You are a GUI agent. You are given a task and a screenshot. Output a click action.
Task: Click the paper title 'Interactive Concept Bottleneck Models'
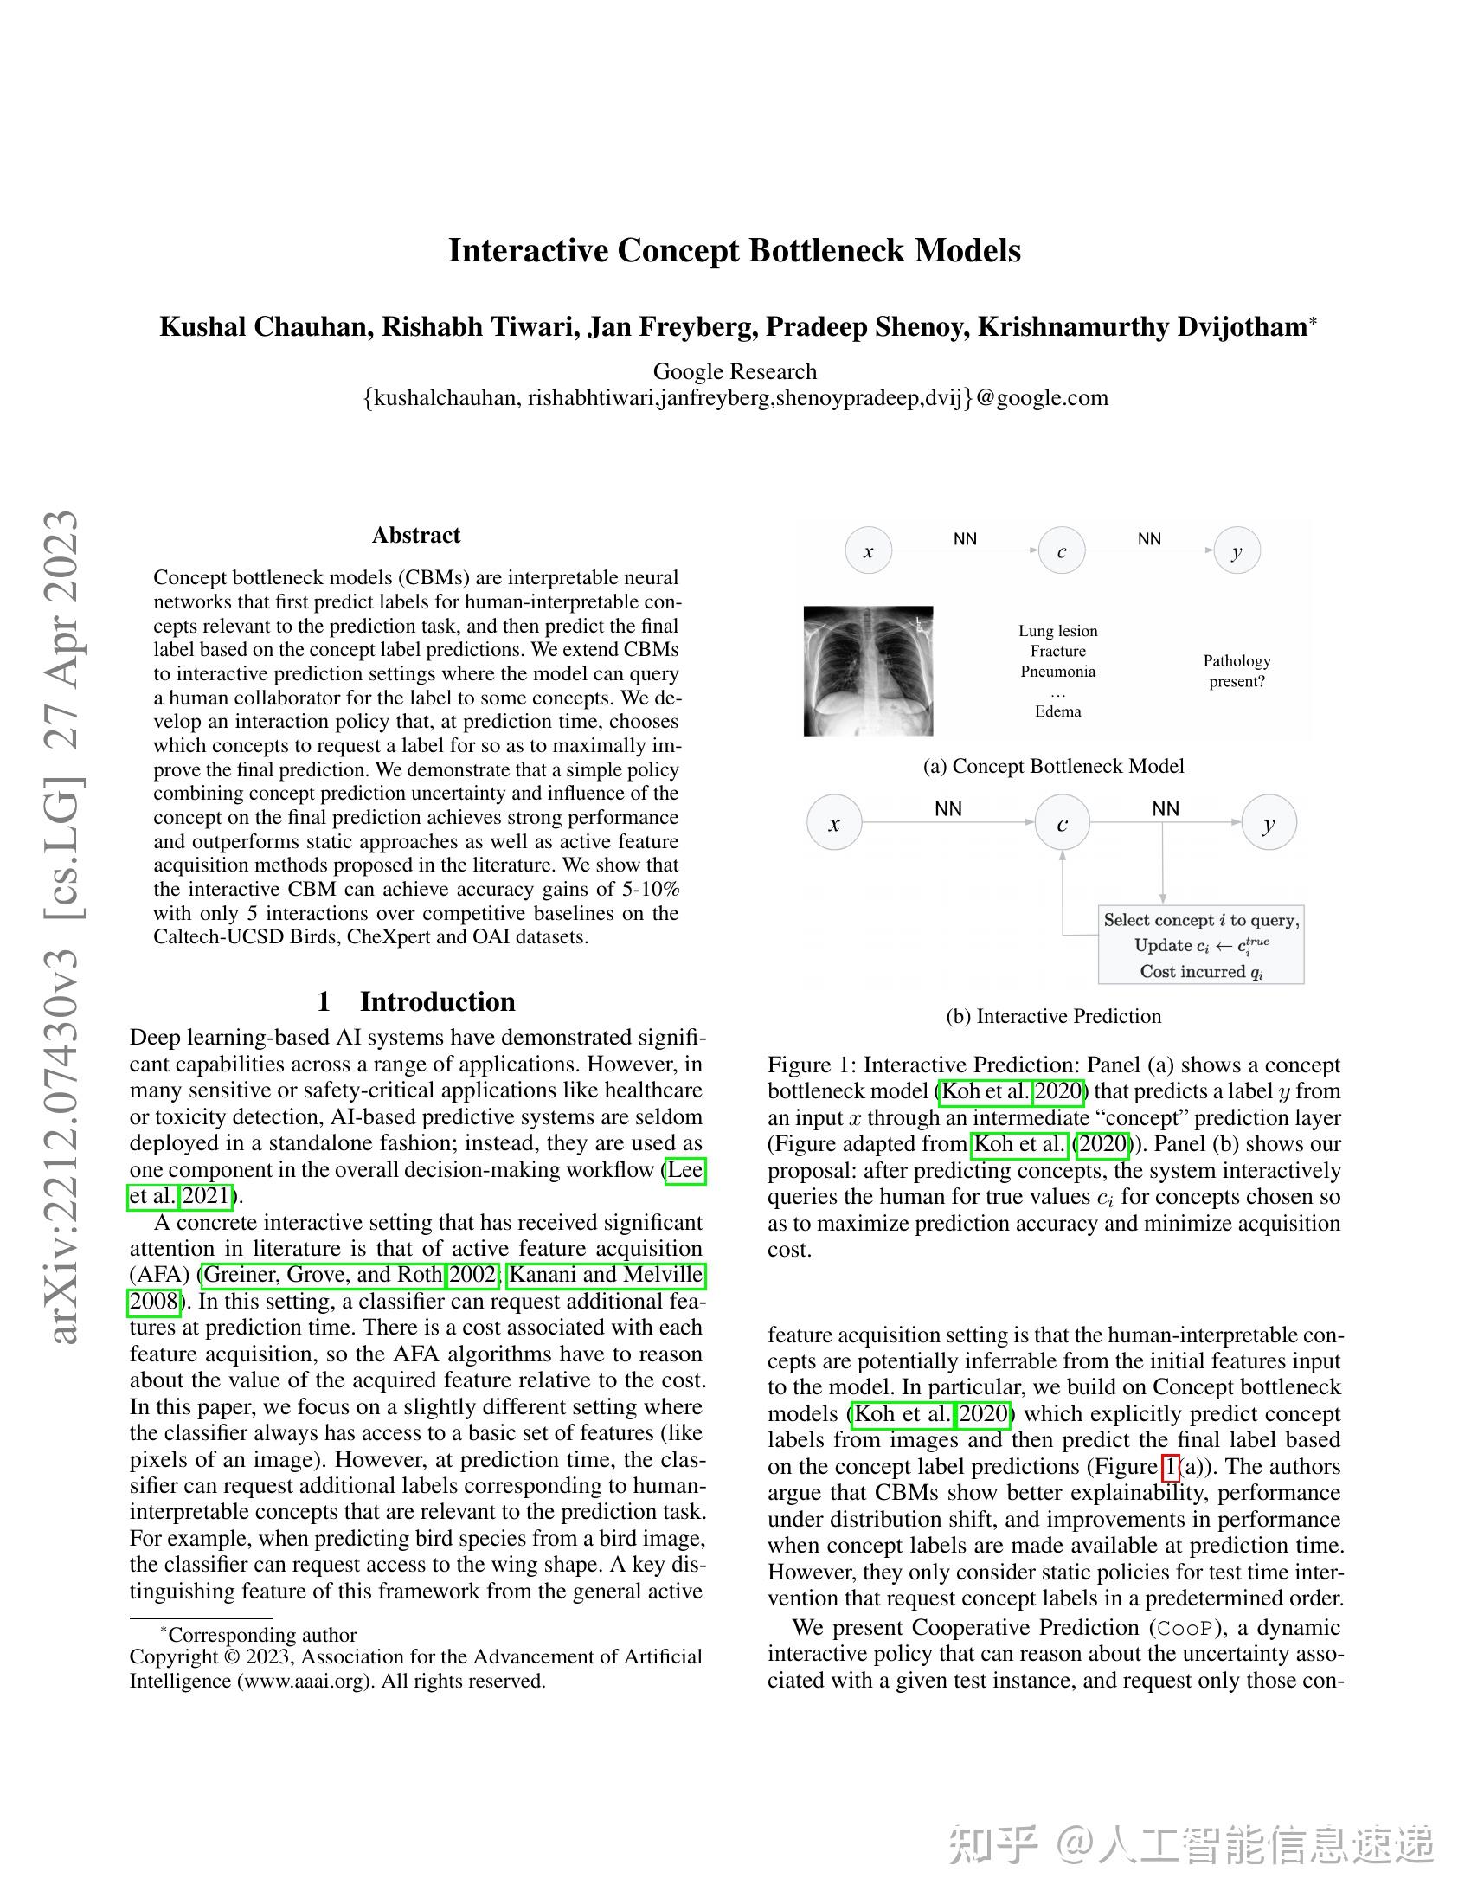tap(734, 251)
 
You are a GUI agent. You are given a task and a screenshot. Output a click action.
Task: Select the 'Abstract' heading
tap(415, 535)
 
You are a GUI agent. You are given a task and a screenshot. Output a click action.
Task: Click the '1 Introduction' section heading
tap(415, 1000)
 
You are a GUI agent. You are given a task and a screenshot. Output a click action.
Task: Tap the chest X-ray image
tap(868, 671)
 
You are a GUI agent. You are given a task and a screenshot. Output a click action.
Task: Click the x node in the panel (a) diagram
tap(868, 551)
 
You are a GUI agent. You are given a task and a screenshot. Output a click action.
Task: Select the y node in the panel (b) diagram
tap(1268, 822)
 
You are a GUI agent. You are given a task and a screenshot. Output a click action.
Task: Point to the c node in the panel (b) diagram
tap(1062, 823)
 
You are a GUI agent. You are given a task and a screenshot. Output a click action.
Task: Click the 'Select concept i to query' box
tap(1201, 945)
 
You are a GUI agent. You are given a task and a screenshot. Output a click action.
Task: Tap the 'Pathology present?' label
tap(1237, 671)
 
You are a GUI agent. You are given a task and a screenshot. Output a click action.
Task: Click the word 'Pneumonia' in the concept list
tap(1058, 672)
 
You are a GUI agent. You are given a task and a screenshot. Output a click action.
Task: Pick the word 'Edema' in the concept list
tap(1058, 711)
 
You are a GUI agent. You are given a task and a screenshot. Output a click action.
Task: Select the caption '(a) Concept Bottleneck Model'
tap(1054, 766)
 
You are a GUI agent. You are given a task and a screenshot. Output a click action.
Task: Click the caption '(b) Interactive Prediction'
tap(1054, 1017)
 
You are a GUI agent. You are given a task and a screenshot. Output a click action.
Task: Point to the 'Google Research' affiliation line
tap(735, 371)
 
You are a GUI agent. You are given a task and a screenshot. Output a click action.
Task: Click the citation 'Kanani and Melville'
tap(606, 1275)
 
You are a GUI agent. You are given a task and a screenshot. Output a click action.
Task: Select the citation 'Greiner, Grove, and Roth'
tap(324, 1275)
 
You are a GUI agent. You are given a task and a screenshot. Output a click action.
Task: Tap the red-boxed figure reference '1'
tap(1171, 1467)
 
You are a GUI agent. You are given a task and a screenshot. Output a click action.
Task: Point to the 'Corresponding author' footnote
tap(261, 1635)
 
